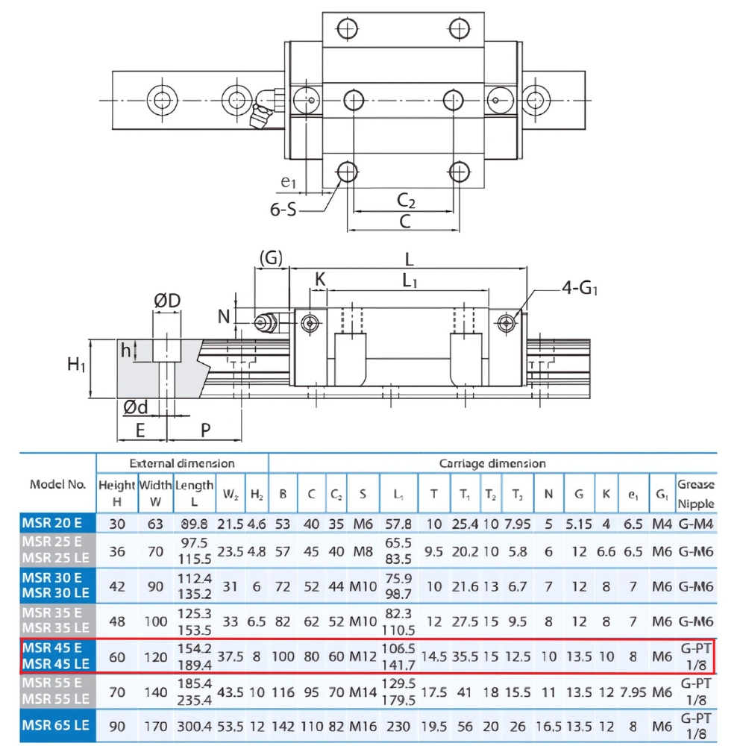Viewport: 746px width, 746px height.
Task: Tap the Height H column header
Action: click(116, 493)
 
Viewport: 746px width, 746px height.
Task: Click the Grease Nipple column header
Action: click(695, 493)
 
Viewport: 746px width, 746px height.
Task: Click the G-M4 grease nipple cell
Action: click(695, 524)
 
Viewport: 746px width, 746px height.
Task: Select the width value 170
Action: click(155, 727)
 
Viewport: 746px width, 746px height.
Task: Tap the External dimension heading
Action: click(182, 463)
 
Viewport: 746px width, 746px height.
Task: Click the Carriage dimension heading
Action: click(492, 463)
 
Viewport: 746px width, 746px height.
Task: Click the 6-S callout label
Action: click(283, 210)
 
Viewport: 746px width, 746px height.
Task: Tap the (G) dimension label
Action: click(271, 258)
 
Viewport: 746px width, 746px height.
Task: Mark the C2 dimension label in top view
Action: click(407, 200)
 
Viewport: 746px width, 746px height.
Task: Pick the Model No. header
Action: click(57, 484)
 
